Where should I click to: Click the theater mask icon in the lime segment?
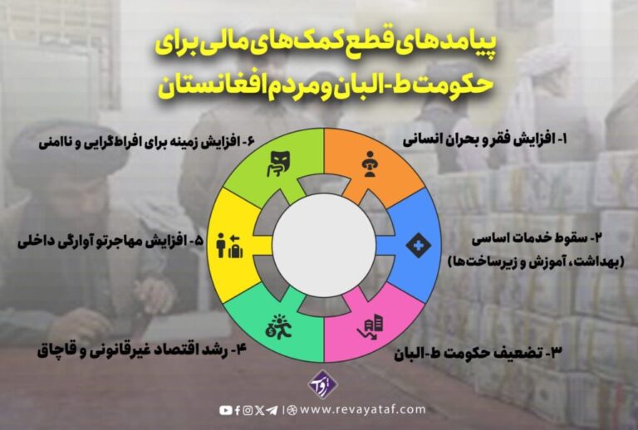click(278, 164)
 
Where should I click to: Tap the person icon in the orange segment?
click(370, 164)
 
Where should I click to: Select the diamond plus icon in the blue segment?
click(419, 245)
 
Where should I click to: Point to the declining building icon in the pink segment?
click(370, 329)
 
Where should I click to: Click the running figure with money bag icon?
click(279, 326)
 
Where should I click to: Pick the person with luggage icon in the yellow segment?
click(230, 246)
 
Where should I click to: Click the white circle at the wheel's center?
click(324, 245)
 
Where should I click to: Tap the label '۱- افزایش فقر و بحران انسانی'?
click(484, 140)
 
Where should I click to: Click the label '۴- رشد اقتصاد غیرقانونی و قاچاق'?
click(142, 350)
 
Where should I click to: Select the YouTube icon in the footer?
click(226, 410)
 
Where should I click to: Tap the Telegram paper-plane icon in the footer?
click(272, 410)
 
